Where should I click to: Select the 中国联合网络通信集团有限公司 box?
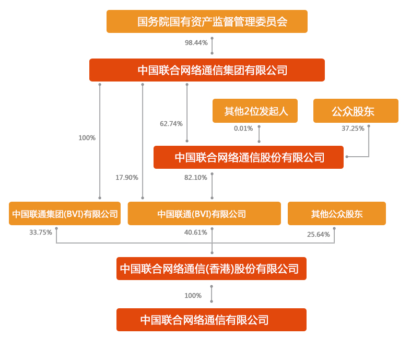tap(207, 70)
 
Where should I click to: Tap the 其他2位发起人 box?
tap(255, 111)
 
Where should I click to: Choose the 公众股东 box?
tap(356, 111)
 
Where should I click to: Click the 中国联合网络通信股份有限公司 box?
tap(249, 157)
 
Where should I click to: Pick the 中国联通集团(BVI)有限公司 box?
tap(65, 214)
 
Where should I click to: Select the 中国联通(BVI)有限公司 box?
tap(204, 214)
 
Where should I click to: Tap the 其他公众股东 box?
tap(337, 214)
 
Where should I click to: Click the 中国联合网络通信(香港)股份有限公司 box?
tap(212, 269)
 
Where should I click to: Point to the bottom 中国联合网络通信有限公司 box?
tap(212, 320)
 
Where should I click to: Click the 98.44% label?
tap(196, 43)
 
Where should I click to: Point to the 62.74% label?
tap(171, 124)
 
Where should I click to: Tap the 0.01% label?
tap(243, 129)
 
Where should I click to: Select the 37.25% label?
tap(353, 129)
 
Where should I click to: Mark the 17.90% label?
tap(127, 178)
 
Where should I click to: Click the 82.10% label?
tap(196, 178)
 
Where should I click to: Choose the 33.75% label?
tap(41, 233)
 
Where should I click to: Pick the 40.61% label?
tap(196, 233)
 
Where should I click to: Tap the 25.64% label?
tap(319, 235)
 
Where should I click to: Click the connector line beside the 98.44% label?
tap(212, 45)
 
